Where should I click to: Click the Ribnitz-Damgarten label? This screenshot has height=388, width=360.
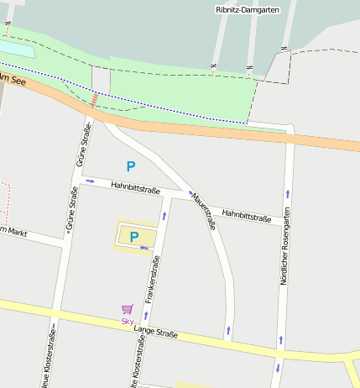point(248,9)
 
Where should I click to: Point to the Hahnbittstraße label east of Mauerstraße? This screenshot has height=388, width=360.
point(247,218)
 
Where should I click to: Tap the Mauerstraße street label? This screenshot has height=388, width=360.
point(204,209)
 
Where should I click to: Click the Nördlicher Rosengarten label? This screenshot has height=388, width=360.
point(284,248)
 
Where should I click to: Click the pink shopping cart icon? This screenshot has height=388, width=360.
point(127,310)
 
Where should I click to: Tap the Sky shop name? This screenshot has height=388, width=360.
point(128,321)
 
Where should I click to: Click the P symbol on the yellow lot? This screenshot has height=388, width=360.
point(133,237)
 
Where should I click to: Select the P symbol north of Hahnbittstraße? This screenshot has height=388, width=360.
point(130,166)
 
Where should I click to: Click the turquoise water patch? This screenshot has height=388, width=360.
point(17,50)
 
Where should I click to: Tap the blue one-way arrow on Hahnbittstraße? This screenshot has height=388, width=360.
point(90,181)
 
